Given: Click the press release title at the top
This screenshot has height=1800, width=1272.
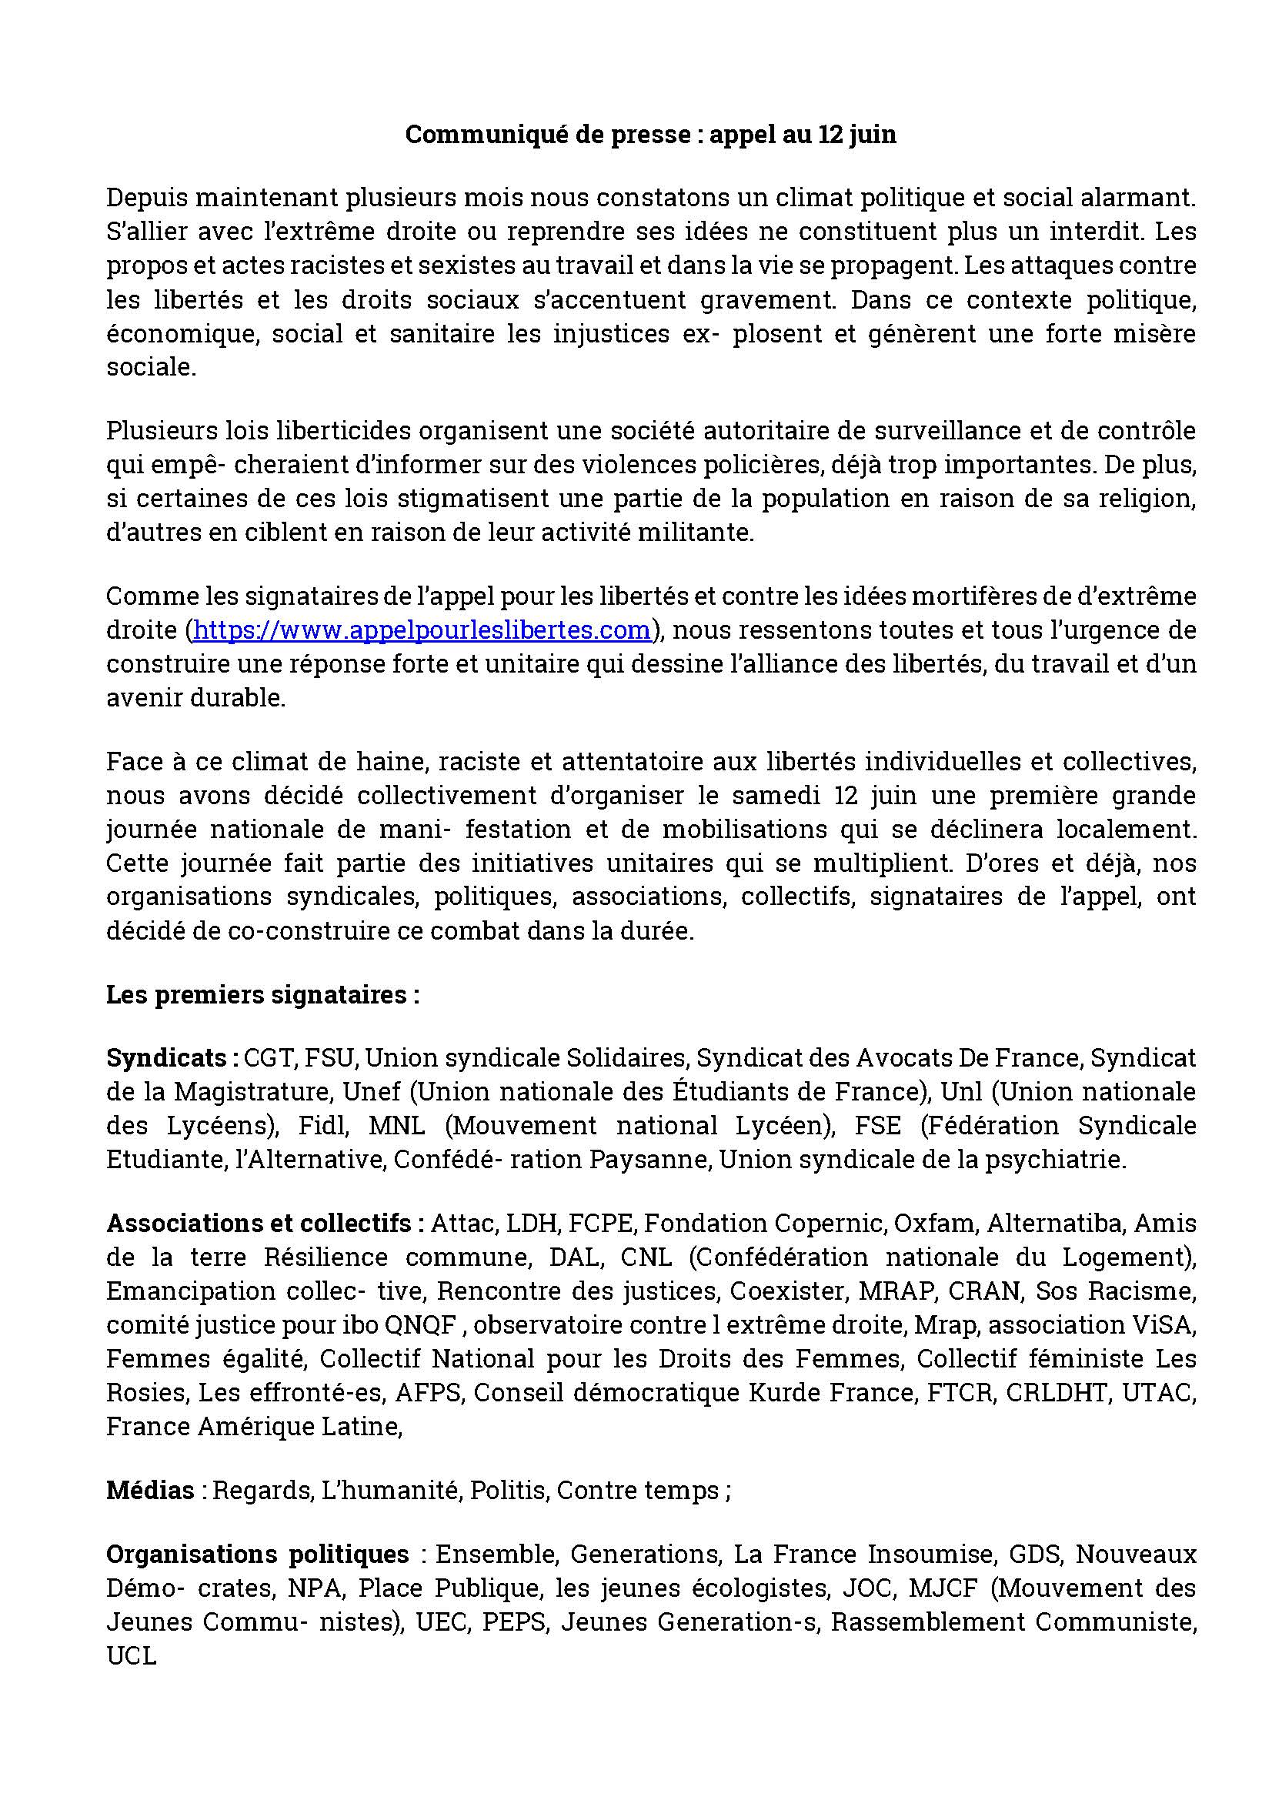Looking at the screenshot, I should [x=650, y=135].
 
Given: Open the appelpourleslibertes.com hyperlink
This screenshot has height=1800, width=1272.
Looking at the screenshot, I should [x=422, y=629].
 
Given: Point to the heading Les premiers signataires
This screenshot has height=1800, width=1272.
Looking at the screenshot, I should [x=262, y=994].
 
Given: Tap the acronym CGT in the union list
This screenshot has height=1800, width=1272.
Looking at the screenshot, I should [x=269, y=1057].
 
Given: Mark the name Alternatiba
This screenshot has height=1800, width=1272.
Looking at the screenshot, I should [x=1054, y=1223].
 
